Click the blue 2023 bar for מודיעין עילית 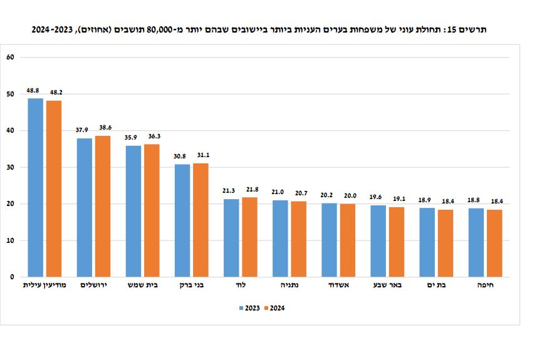36,188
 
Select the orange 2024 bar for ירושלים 102,207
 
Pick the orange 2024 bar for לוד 249,237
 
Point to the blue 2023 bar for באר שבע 378,241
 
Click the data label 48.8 34,91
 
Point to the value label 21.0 279,192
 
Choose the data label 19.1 399,199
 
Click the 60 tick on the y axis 10,58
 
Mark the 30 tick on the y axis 10,167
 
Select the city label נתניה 289,285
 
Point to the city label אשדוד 338,285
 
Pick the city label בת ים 436,285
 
